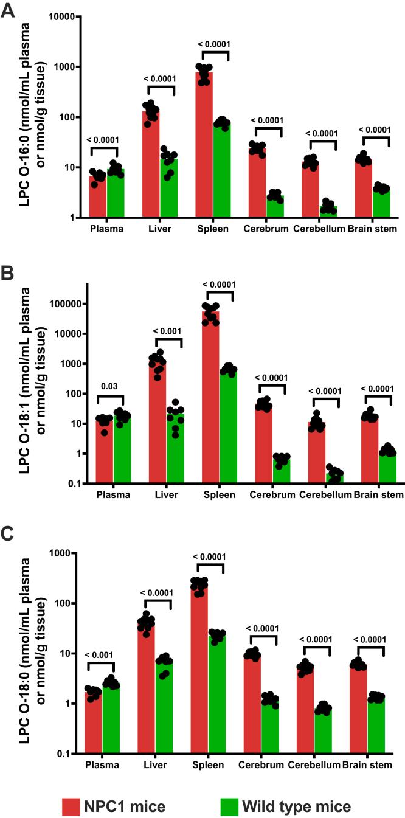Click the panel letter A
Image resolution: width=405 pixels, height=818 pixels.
click(x=8, y=10)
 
